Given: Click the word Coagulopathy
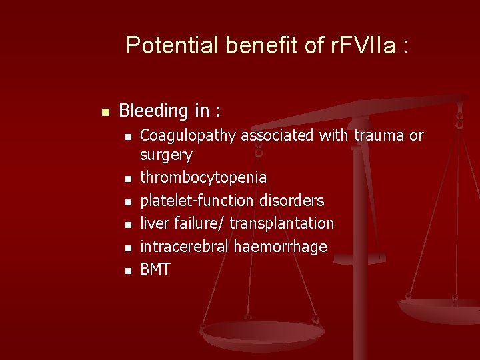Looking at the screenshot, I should coord(188,136).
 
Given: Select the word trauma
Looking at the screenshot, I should coord(379,135).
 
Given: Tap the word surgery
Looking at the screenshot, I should coord(166,155).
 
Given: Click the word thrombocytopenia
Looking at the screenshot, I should coord(203,178).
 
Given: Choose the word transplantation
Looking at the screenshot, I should coord(281,223).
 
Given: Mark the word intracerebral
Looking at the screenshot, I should coord(185,247).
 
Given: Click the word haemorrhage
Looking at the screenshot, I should coord(280,247).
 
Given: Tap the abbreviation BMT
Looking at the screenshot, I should coord(155,269).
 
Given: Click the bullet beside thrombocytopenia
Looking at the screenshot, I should coord(127,179).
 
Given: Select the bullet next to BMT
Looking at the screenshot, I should coord(127,270).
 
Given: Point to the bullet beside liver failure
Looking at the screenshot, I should coord(127,224).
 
